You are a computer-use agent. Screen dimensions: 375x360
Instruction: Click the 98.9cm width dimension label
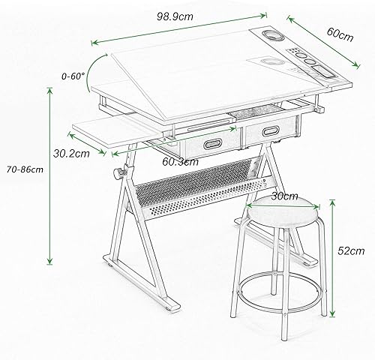175,16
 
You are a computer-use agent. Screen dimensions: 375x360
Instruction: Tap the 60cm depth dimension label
340,34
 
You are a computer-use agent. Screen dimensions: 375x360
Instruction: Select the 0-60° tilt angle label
73,76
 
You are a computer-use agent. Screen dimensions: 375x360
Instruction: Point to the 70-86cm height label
25,169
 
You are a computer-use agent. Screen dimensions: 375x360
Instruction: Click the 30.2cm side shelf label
71,153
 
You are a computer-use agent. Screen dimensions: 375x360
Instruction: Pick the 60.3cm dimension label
180,162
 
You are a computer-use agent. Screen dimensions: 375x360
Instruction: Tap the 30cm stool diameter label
285,196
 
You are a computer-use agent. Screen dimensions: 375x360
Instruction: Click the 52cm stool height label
351,250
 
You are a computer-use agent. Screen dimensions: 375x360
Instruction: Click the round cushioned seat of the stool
283,212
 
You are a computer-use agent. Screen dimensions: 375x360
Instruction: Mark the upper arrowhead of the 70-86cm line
50,90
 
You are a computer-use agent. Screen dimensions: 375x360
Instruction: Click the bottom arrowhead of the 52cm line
332,313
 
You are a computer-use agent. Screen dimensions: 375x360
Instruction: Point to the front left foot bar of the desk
142,283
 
